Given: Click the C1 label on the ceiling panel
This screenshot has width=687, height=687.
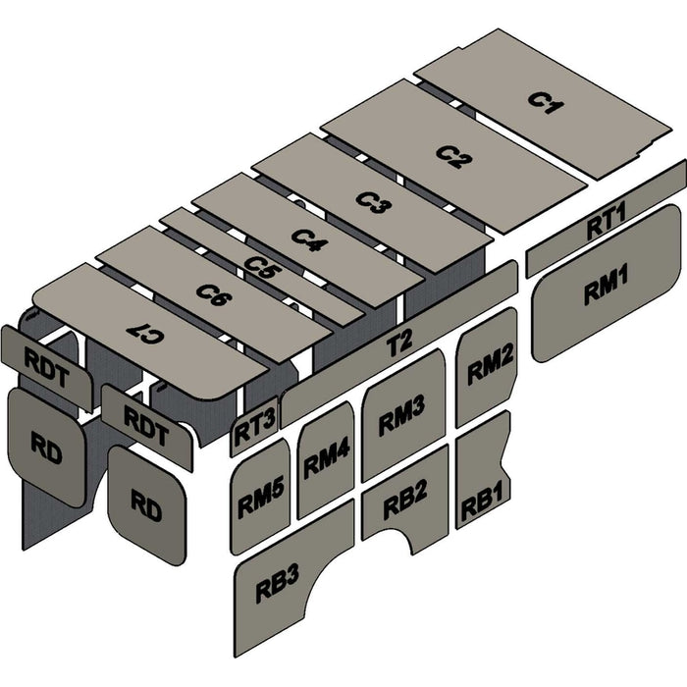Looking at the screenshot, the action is coord(546,102).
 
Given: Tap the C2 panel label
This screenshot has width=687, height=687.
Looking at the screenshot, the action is coord(454,157).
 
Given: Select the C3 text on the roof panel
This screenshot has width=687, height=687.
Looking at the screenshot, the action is coord(374,202).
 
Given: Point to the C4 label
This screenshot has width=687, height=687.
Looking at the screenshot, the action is coord(310,240).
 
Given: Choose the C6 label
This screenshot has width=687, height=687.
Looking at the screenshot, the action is coord(214,294).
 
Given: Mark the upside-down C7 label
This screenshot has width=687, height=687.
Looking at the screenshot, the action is coord(145,334).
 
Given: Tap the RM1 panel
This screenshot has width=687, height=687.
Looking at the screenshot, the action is coord(606,283).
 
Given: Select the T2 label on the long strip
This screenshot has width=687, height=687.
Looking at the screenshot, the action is coord(399,343).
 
